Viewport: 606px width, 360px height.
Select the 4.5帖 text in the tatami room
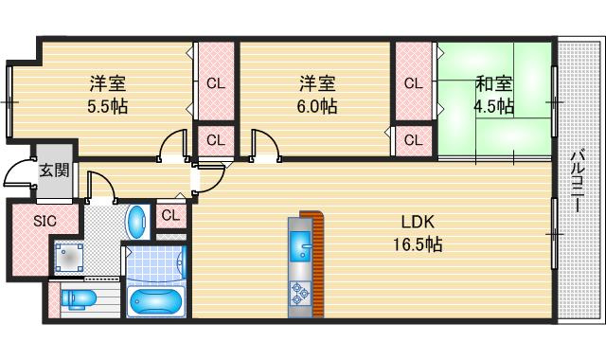coord(494,105)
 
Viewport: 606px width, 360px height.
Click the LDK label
coord(417,223)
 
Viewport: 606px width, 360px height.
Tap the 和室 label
coord(492,83)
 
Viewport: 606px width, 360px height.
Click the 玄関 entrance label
coord(54,171)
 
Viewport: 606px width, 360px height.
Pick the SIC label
coord(45,222)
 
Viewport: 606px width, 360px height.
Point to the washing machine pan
coord(69,257)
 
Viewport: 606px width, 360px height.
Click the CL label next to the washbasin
coord(169,215)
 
